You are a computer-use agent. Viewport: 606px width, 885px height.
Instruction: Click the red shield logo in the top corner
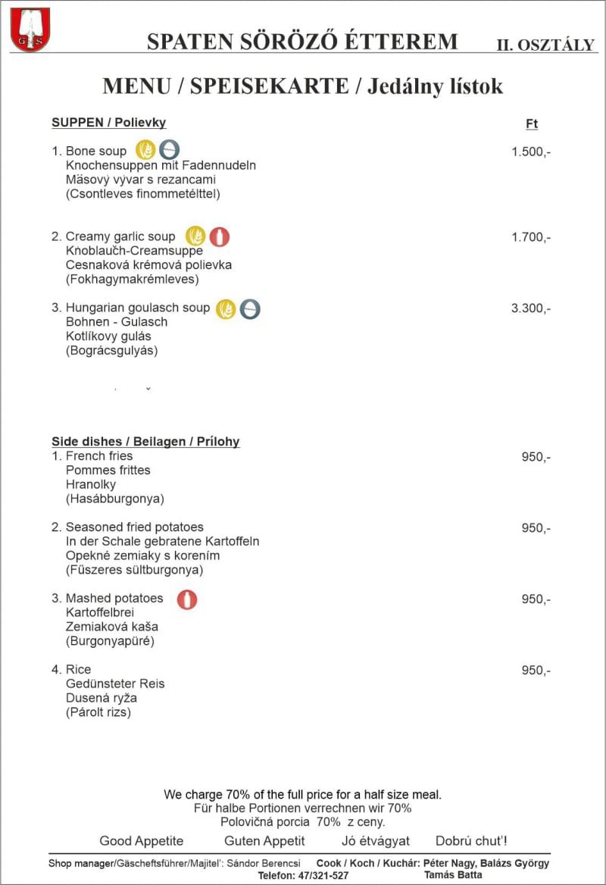coord(30,30)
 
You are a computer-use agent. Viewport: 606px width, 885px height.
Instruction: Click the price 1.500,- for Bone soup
coord(531,152)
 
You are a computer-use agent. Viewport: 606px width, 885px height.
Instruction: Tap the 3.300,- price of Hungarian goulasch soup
coord(531,308)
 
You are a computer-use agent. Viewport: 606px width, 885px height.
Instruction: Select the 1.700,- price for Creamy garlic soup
coord(531,237)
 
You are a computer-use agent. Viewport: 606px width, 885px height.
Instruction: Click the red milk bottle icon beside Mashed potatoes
coord(187,599)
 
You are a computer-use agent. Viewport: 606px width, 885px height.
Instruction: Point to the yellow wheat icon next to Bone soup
coord(145,150)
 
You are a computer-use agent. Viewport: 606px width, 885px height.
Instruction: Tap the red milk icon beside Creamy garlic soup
coord(219,236)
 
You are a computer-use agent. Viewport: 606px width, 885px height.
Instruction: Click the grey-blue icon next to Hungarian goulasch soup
coord(250,308)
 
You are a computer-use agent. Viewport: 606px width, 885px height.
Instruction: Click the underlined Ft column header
coord(532,124)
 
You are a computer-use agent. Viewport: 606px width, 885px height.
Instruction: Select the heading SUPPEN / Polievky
coord(108,123)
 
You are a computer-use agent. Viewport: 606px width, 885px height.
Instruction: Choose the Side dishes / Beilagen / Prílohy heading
coord(145,442)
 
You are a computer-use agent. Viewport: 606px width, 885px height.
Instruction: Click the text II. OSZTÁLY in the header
coord(545,45)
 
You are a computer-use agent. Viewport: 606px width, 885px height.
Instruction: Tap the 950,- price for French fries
coord(536,457)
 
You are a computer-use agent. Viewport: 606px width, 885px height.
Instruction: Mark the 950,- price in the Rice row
coord(536,671)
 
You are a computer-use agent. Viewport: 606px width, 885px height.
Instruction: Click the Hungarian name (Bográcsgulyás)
coord(112,351)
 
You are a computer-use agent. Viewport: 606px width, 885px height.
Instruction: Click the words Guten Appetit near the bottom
coord(264,841)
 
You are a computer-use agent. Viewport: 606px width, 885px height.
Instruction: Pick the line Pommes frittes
coord(108,471)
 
